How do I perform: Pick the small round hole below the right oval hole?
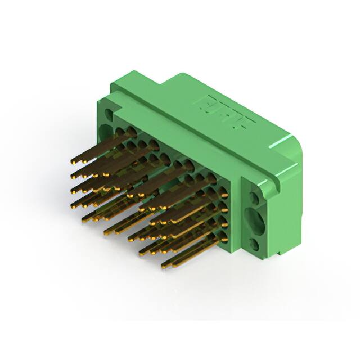tap(255, 244)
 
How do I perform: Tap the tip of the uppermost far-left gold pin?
tap(73, 162)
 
